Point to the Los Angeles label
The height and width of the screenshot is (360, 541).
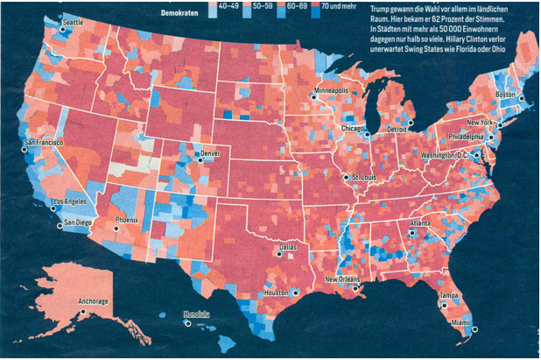click(x=70, y=201)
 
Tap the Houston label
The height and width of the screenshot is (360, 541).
click(x=275, y=292)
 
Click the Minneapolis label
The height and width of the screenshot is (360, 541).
click(x=336, y=90)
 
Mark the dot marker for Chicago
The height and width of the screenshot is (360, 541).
click(x=368, y=134)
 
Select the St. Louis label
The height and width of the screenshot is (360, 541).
click(x=364, y=176)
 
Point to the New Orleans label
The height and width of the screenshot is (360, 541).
click(x=342, y=279)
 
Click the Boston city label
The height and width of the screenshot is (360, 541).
click(x=505, y=94)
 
